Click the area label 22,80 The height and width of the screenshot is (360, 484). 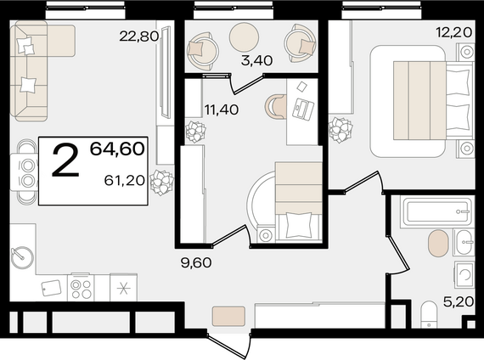139,37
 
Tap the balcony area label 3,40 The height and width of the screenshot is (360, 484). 256,60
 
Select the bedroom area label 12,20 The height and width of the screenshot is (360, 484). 453,31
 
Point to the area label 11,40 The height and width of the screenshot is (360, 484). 222,110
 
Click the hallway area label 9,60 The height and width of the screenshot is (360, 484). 196,262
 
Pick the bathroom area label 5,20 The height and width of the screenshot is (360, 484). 459,301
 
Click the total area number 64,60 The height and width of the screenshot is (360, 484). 117,149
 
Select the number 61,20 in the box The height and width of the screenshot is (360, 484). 125,180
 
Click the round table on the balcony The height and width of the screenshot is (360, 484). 244,37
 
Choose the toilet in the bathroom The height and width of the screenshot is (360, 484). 429,314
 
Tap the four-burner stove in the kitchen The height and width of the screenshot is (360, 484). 81,287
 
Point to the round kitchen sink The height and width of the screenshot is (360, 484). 22,257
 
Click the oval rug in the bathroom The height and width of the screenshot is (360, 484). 438,243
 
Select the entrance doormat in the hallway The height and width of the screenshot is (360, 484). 228,316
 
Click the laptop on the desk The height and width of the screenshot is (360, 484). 303,109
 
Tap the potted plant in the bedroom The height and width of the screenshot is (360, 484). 340,130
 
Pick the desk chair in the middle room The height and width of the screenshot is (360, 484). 275,106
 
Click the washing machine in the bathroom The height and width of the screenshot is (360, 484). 464,274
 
